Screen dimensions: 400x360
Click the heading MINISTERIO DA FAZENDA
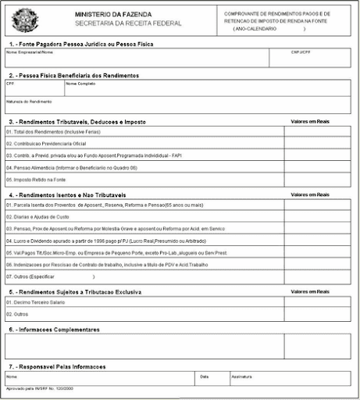click(x=114, y=15)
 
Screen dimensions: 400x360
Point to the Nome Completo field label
click(x=80, y=83)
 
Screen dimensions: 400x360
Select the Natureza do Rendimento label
click(x=29, y=102)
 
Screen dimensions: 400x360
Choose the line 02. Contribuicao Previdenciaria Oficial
click(x=56, y=145)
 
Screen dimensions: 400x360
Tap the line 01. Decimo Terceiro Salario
click(x=43, y=301)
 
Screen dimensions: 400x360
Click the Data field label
click(x=205, y=375)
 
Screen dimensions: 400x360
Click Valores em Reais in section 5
click(x=310, y=291)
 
